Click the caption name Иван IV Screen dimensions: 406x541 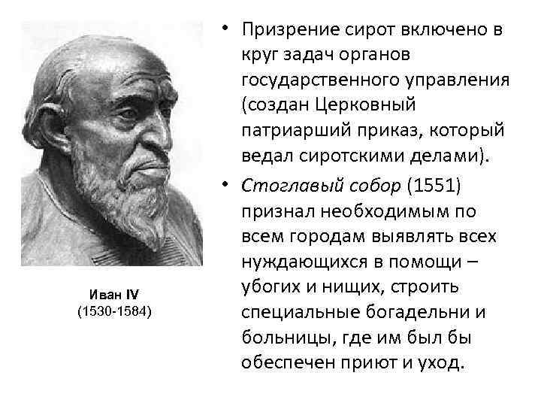[x=115, y=293]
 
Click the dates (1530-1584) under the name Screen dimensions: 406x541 [x=115, y=310]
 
